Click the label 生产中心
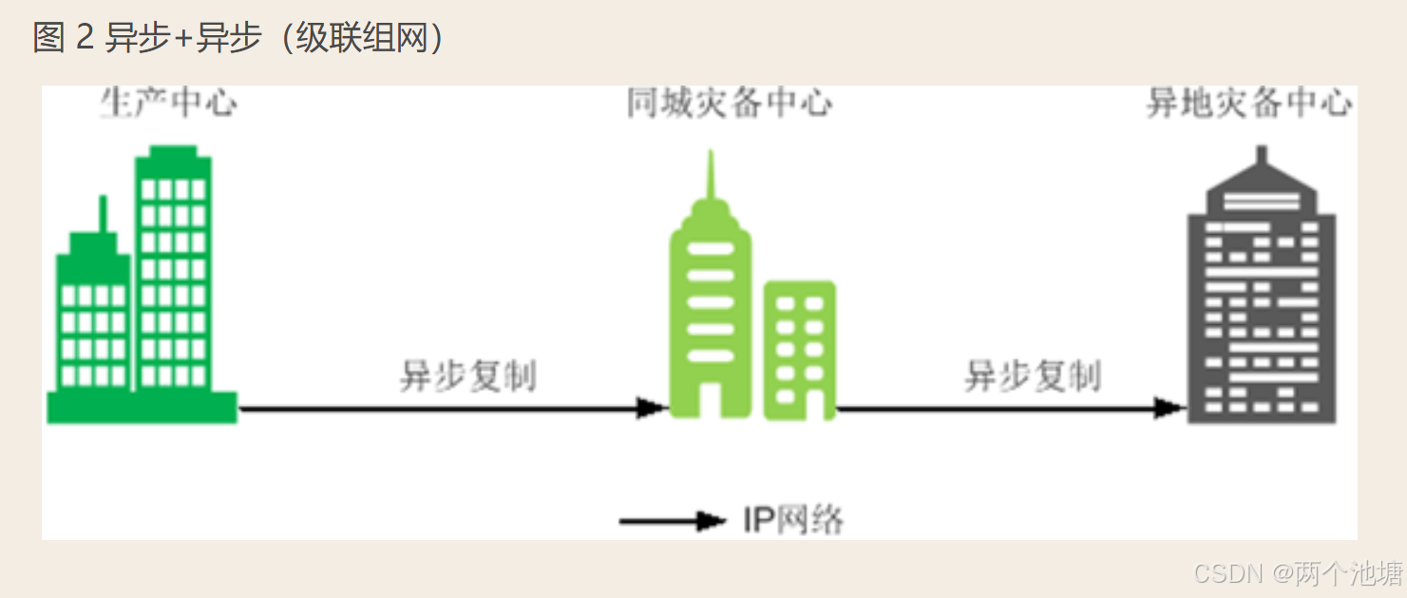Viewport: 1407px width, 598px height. tap(168, 103)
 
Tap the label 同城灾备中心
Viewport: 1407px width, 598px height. tap(729, 103)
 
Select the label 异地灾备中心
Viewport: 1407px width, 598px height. tap(1248, 103)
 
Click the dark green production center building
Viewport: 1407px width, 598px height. tap(143, 295)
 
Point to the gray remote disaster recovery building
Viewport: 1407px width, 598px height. tap(1262, 304)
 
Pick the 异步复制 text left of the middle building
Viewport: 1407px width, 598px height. tap(467, 376)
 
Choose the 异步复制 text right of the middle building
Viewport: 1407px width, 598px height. tap(1033, 376)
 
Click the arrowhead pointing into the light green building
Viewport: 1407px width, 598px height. tap(654, 409)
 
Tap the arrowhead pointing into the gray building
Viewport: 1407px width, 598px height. tap(1169, 409)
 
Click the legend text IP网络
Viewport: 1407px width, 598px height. tap(793, 521)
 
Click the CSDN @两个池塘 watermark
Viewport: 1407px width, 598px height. tap(1298, 572)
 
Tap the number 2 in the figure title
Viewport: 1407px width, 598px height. tap(85, 38)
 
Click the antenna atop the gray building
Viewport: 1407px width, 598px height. tap(1262, 156)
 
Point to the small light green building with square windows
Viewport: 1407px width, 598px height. tap(800, 350)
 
